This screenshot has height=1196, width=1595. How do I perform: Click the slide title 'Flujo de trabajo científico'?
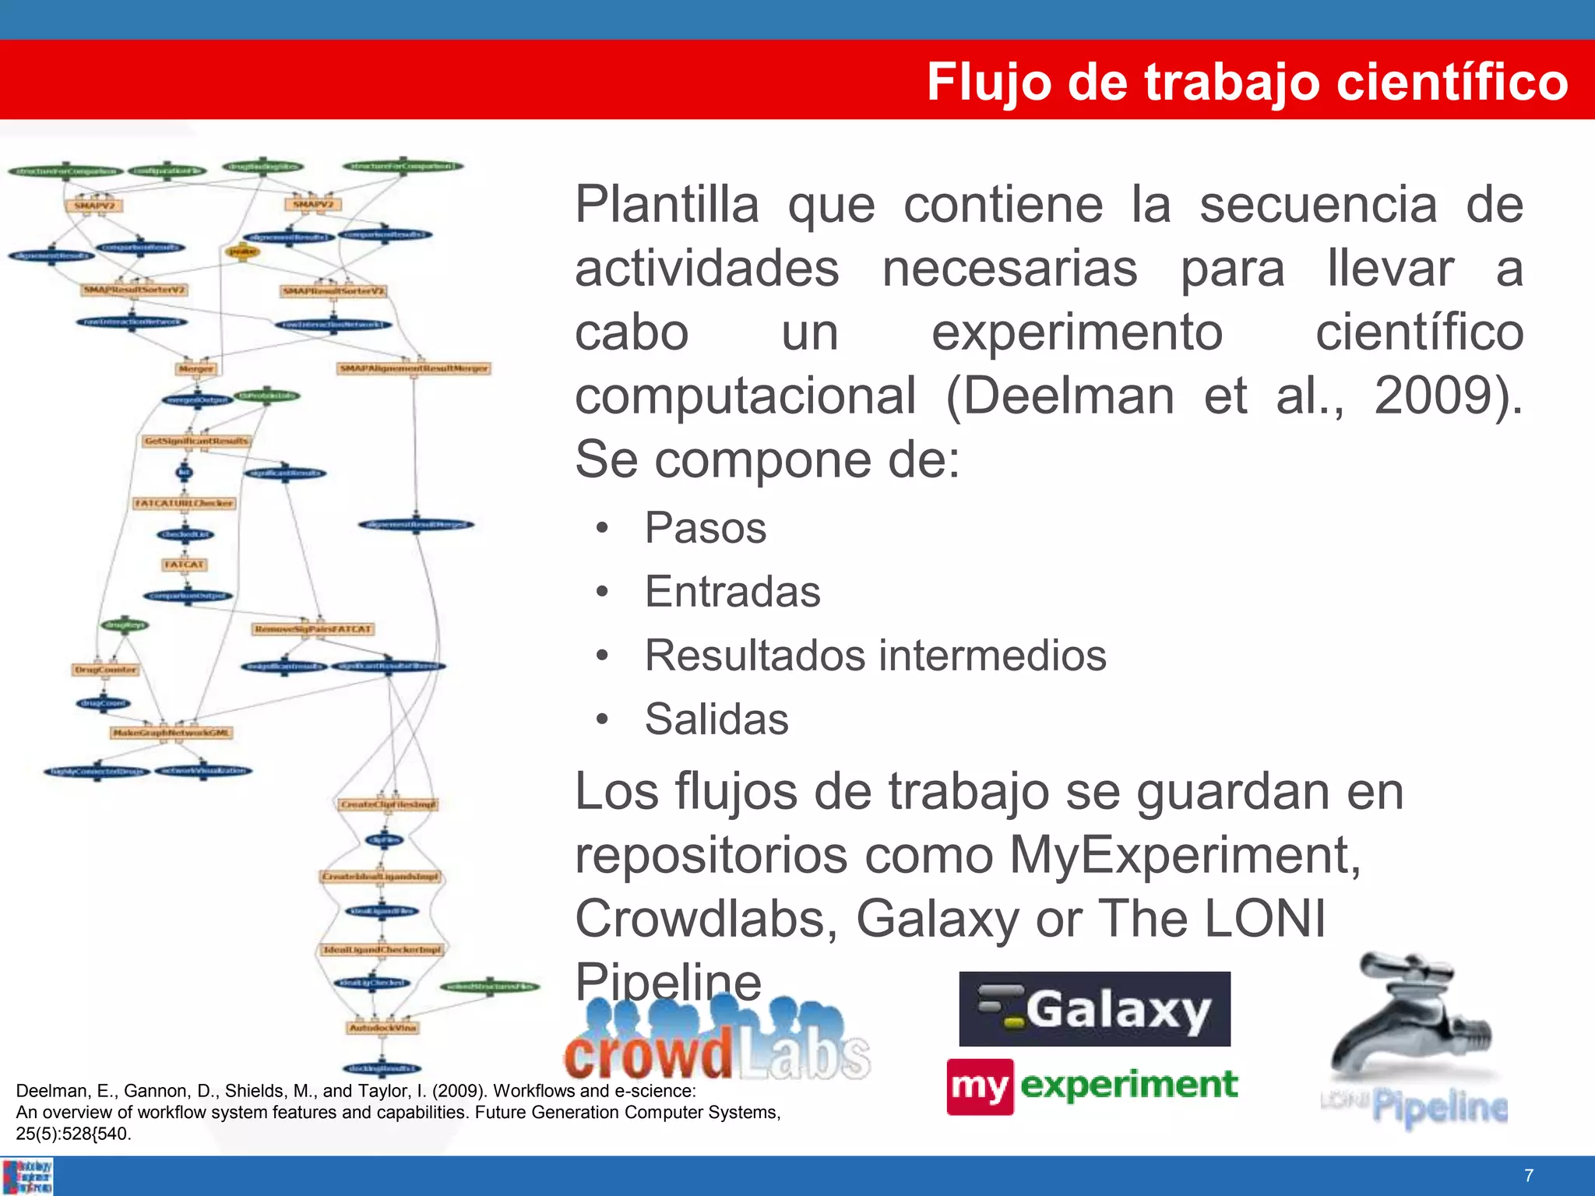click(1246, 82)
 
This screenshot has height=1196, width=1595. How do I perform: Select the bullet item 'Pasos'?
click(705, 528)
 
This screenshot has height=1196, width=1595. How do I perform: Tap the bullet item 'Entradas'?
click(732, 592)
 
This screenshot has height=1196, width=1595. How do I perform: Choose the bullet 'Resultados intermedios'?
click(875, 656)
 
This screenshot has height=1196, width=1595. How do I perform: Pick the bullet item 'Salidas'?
click(717, 719)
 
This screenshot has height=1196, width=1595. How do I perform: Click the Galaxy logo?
click(1094, 1009)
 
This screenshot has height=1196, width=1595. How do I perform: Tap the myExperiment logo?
click(1092, 1086)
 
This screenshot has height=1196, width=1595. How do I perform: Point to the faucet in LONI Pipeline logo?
click(1410, 1020)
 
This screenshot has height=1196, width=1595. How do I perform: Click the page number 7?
click(1529, 1175)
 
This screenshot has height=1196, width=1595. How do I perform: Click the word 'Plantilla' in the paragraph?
click(667, 205)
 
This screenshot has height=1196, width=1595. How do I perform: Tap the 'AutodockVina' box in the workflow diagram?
click(382, 1028)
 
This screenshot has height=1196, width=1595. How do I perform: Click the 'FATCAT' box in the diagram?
click(185, 565)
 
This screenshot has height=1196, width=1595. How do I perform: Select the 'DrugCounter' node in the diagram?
click(105, 670)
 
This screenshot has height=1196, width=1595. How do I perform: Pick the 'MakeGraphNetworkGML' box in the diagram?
click(171, 733)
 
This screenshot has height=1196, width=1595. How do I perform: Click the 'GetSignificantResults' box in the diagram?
click(196, 441)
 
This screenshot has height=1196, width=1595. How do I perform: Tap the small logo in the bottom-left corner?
click(27, 1177)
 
